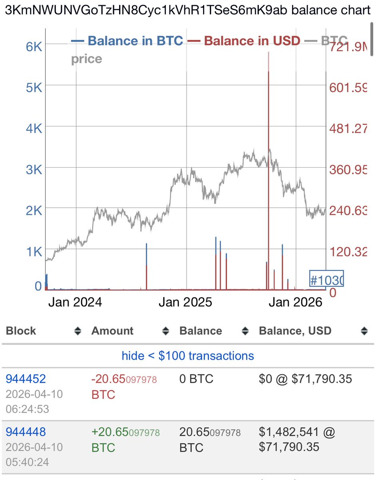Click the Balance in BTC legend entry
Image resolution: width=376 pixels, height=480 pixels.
(x=127, y=41)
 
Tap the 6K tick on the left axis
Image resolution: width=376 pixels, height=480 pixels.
(x=34, y=46)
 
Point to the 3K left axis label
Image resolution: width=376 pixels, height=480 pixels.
(x=34, y=170)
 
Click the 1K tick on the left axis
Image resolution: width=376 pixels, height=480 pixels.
(x=34, y=252)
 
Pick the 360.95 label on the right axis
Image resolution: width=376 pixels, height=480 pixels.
(x=347, y=170)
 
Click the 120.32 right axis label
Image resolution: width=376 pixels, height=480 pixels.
(x=347, y=252)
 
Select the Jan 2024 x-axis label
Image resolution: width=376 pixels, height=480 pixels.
(x=75, y=302)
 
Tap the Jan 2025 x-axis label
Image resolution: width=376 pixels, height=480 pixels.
(x=185, y=302)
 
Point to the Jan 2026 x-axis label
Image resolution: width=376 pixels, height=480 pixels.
(x=295, y=302)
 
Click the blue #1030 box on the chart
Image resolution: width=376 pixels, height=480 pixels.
(x=326, y=279)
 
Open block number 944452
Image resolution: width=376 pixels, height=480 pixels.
(x=26, y=378)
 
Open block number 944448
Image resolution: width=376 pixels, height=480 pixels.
(x=26, y=432)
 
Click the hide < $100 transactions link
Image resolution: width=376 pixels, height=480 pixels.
(x=188, y=356)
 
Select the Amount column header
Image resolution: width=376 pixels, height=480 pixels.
(x=112, y=331)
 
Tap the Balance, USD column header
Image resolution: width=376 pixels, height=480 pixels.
(x=295, y=331)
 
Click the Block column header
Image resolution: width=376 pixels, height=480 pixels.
(x=21, y=331)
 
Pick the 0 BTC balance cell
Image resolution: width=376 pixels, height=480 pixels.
(x=196, y=378)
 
